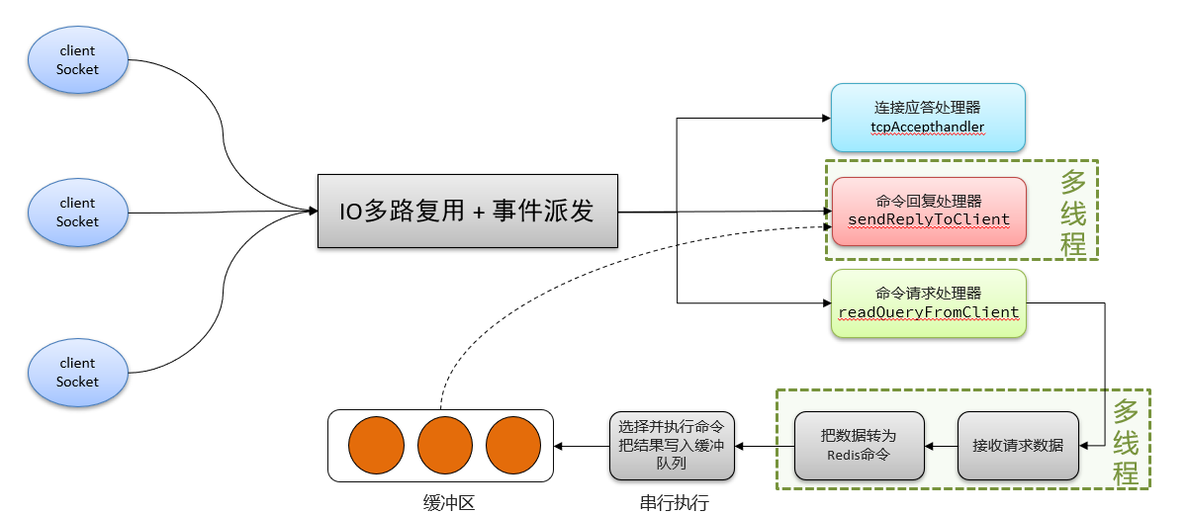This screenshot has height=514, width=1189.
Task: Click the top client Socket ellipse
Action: coord(78,59)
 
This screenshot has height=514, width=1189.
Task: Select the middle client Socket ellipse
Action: coord(78,212)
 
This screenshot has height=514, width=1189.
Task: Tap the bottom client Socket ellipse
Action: coord(78,372)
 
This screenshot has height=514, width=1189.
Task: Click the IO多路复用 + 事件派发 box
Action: coord(467,212)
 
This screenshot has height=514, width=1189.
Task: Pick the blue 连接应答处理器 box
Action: coord(928,118)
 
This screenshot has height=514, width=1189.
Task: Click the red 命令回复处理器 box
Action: coord(928,211)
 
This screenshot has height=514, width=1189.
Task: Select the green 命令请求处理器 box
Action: coord(928,303)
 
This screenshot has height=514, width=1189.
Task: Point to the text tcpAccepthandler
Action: coord(928,128)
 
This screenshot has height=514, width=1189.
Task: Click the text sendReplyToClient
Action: coord(928,219)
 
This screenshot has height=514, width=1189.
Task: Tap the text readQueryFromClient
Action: coord(928,312)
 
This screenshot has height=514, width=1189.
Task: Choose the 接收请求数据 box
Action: coord(1018,445)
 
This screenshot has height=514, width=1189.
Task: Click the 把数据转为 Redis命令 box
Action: coord(859,445)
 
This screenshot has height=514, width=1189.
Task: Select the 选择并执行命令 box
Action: coord(672,445)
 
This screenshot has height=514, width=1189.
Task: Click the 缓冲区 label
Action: coord(442,503)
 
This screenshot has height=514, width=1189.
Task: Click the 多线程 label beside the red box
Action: coord(1073,213)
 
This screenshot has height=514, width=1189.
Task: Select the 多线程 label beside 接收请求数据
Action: coord(1126,442)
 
